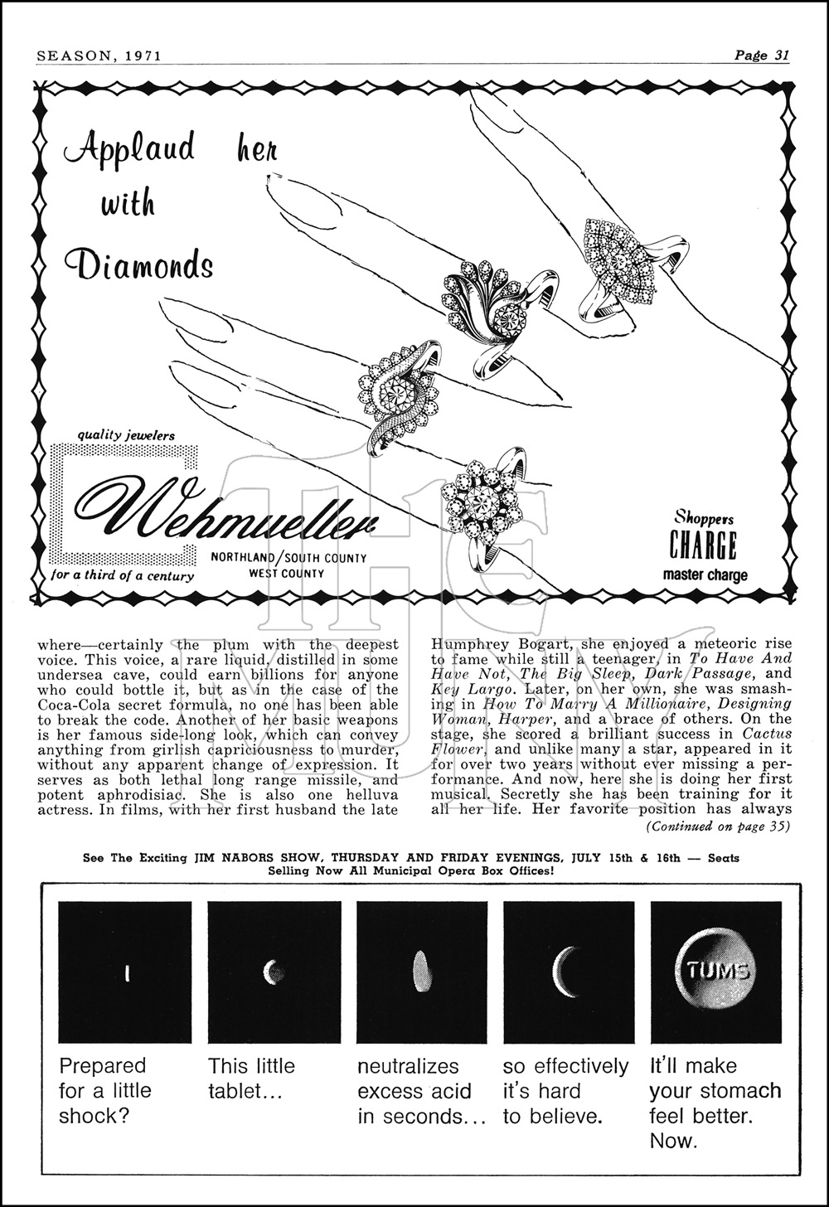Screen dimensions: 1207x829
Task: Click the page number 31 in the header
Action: click(780, 56)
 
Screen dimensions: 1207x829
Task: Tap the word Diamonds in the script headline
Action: click(139, 264)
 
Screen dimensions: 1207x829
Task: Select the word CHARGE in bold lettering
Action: click(703, 547)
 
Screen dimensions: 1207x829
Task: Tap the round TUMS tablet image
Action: click(716, 971)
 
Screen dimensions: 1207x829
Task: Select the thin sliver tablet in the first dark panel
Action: click(127, 972)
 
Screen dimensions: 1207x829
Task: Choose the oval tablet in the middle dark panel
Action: click(421, 971)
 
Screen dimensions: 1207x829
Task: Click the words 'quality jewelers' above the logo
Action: click(127, 434)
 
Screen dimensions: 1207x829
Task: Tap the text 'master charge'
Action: click(705, 575)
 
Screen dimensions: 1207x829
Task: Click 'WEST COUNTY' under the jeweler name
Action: click(287, 574)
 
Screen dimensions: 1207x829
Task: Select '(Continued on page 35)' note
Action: click(718, 826)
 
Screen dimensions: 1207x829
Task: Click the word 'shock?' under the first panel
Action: click(94, 1116)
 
